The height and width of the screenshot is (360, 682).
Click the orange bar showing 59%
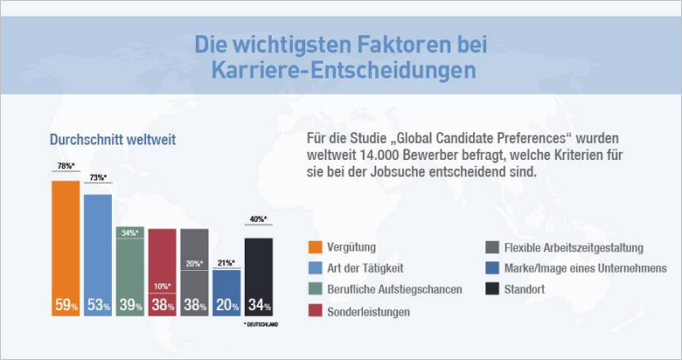[x=66, y=245]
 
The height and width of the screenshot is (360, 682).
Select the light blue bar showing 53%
[x=98, y=253]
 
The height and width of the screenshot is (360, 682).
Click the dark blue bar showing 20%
[x=226, y=288]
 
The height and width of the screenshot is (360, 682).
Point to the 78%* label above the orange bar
[x=66, y=166]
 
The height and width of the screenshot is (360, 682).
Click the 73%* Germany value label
[x=98, y=179]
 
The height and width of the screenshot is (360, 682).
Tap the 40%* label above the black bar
[x=259, y=220]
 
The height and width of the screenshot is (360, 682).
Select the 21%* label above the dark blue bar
[x=226, y=262]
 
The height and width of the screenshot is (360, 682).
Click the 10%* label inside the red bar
[x=162, y=286]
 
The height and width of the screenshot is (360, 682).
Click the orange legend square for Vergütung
[x=317, y=248]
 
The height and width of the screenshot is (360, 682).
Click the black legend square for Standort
[x=491, y=289]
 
